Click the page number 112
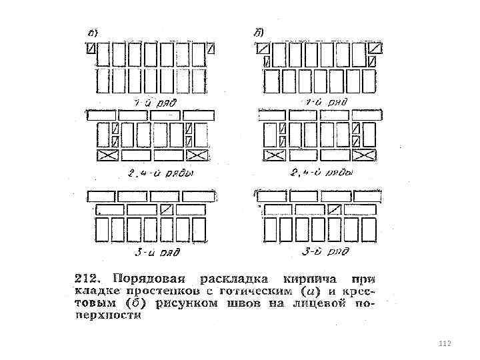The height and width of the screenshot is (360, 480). point(444,343)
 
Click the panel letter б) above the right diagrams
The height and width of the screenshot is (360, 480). point(259,31)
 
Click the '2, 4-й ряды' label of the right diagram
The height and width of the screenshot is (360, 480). point(323,171)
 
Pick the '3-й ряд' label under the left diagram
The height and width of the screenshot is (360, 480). point(155,251)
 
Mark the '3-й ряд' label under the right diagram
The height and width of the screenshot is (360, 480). point(325,251)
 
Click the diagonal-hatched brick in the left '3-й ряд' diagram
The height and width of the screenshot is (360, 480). point(167,209)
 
